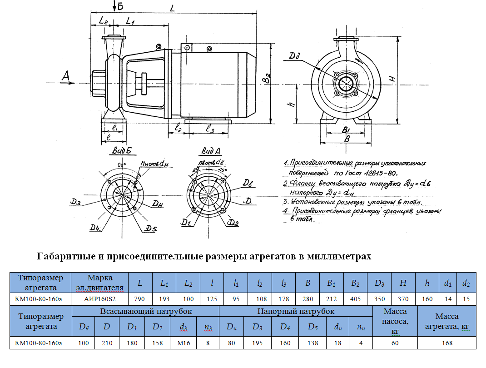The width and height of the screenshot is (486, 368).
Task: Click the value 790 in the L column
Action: pos(140,299)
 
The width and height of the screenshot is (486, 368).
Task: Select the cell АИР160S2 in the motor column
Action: pos(100,299)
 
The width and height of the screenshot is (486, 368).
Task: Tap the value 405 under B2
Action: pos(355,299)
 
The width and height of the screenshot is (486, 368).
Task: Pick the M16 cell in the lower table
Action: pos(183,343)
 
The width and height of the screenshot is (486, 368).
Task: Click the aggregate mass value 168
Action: pos(446,343)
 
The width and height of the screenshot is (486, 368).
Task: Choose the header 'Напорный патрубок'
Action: pos(296,311)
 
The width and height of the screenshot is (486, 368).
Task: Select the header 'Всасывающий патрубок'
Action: pos(146,311)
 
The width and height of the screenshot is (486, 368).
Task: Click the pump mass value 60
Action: pos(395,343)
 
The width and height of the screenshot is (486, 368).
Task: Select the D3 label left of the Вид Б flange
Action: pos(76,202)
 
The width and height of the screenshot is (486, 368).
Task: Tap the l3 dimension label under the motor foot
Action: pos(210,129)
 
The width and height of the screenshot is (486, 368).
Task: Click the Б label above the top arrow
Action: pos(120,5)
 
